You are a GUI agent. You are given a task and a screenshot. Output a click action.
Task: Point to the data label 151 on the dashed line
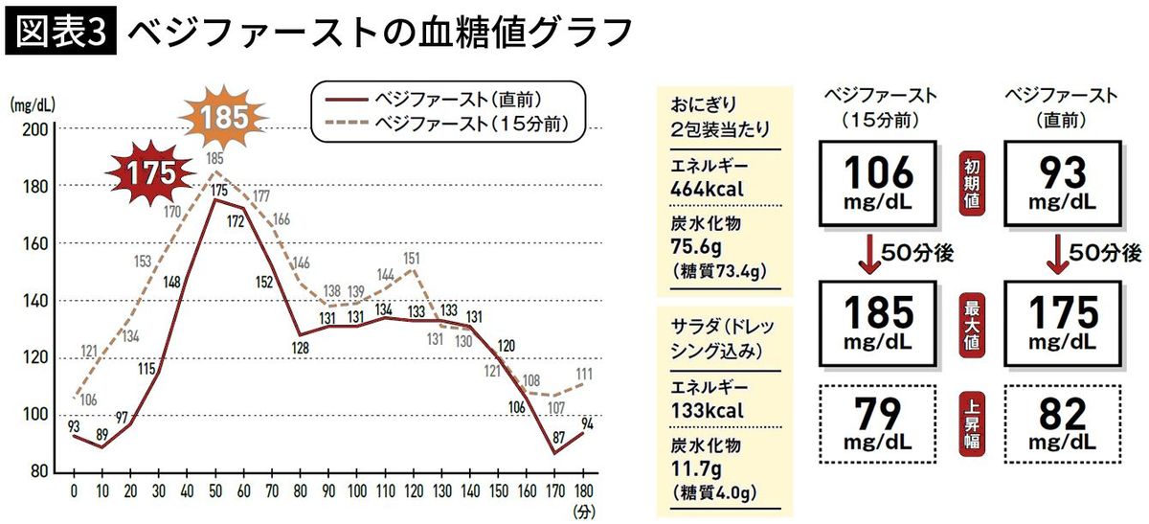412,258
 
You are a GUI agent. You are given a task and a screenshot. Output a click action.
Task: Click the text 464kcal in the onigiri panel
710,188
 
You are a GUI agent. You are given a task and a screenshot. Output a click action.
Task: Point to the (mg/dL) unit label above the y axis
32,104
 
